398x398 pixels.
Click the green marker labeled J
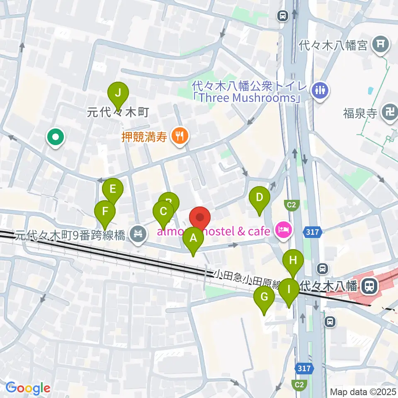tap(118, 93)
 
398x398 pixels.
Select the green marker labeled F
tap(105, 211)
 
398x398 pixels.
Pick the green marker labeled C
tap(163, 212)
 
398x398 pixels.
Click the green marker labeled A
tap(193, 239)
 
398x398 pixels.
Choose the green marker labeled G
tap(264, 297)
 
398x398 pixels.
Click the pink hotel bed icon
tap(284, 229)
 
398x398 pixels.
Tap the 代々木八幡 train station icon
tap(367, 285)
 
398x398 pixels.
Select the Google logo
tap(28, 388)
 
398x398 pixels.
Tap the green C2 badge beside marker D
tap(291, 204)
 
